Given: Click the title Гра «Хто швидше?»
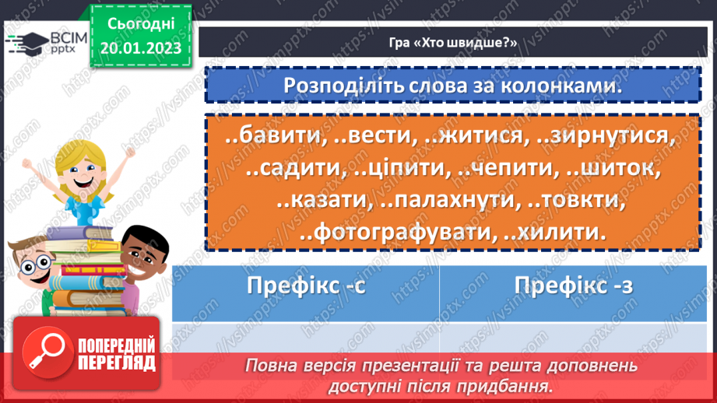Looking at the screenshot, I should [452, 43].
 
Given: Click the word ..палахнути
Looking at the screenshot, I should [450, 199].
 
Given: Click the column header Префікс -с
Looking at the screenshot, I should [305, 285].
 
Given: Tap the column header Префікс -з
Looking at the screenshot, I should [574, 285].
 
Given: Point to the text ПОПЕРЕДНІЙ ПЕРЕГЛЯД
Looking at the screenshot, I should [117, 355].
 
